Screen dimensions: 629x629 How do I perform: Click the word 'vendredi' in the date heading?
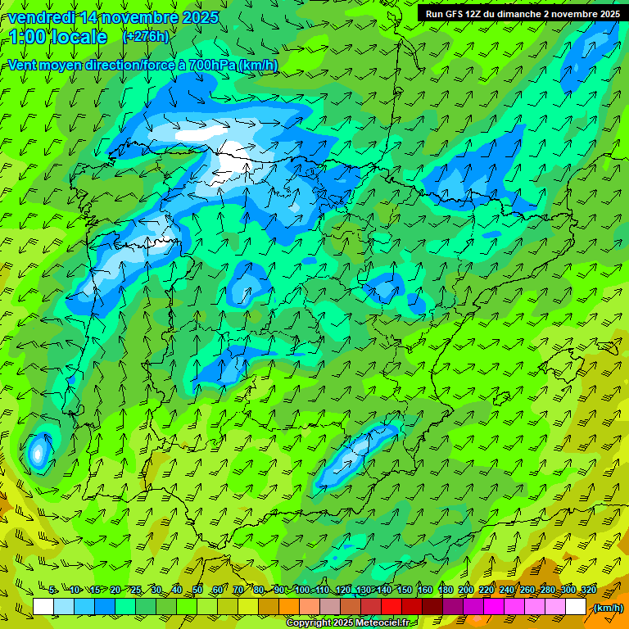coord(38,17)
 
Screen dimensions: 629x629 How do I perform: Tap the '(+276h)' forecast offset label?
coord(145,36)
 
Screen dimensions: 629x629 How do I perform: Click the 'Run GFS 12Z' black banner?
coord(523,13)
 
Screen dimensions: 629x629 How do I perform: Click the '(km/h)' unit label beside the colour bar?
coord(608,607)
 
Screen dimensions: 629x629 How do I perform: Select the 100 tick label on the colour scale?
coord(302,590)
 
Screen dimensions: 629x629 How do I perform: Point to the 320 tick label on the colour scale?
coord(587,590)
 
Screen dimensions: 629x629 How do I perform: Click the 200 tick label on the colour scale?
coord(466,590)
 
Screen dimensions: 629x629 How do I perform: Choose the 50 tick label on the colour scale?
coord(197,590)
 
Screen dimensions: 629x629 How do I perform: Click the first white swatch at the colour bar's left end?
coord(43,607)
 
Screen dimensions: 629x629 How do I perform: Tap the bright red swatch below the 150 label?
coord(391,607)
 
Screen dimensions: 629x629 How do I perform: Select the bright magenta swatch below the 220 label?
coord(494,607)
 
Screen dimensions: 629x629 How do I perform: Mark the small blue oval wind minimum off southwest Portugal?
coord(38,451)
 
